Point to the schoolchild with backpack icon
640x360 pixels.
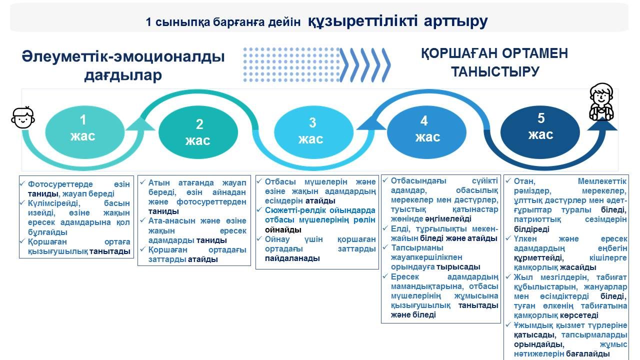tap(600, 102)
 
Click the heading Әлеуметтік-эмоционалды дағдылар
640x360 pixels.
tap(123, 65)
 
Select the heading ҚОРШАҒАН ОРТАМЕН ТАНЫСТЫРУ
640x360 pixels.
tap(494, 62)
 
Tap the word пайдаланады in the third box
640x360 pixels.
tap(292, 258)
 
